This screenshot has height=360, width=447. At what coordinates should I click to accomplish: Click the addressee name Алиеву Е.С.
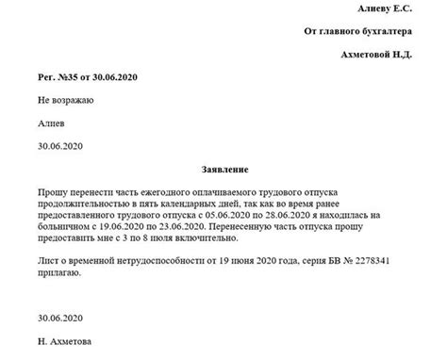(x=387, y=9)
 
